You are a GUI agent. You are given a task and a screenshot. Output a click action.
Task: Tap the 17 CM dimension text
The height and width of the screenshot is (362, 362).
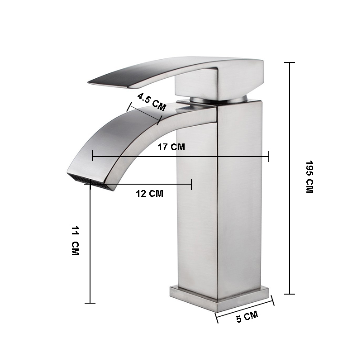pos(171,147)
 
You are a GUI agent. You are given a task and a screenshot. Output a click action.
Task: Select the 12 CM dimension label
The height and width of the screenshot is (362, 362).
pos(149,194)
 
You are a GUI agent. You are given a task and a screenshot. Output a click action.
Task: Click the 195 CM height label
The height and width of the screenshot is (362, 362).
pos(309,177)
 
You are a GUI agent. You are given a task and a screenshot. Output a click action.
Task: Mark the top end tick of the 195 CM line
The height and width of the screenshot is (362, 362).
pos(289,63)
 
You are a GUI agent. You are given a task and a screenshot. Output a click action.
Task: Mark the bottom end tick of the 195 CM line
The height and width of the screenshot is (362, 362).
pos(289,294)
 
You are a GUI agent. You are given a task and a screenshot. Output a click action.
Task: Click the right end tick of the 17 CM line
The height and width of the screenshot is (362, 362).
pos(269,157)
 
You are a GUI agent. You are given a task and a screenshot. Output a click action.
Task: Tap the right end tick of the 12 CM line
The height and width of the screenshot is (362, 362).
pos(191,184)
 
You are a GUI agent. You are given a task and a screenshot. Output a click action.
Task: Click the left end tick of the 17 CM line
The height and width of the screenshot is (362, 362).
pos(92,157)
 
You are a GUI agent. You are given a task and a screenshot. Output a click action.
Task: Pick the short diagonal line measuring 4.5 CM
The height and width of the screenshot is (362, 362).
pos(144,113)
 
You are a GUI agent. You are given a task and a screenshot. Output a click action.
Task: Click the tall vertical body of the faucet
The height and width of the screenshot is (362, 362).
pos(219,195)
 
